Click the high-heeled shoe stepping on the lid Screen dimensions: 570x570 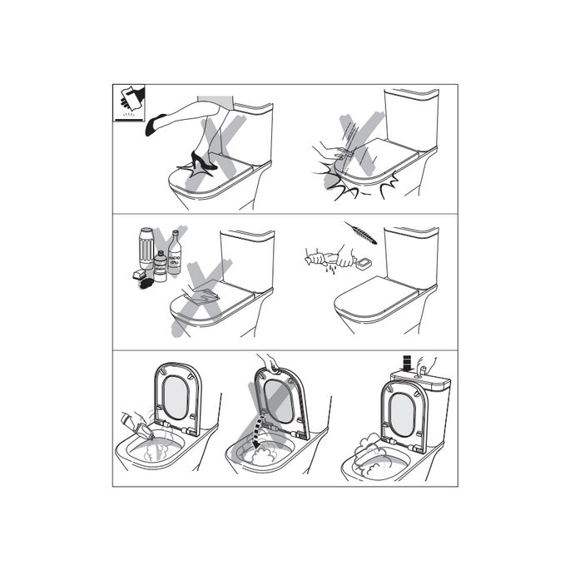[x=202, y=161]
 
